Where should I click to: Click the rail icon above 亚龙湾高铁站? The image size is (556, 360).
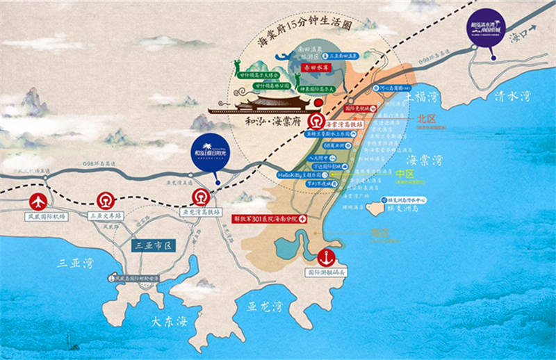[201, 197]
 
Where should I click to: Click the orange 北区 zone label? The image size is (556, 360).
[425, 118]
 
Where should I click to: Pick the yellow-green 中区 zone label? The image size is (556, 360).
[404, 174]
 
